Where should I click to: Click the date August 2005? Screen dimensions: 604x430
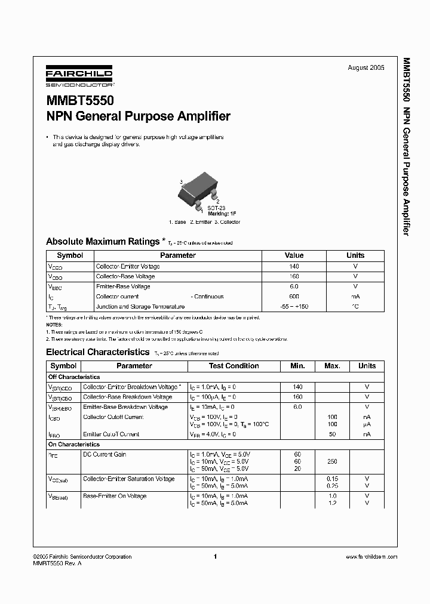coord(366,68)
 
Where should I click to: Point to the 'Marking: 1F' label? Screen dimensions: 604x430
coord(222,213)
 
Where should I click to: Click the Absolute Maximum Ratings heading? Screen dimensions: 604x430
coord(103,242)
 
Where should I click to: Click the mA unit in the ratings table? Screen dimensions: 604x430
coord(355,296)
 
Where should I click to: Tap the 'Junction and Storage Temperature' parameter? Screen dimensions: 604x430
coord(137,306)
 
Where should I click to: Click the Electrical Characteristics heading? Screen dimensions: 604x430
coord(97,352)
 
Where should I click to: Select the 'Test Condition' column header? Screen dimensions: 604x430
coord(234,366)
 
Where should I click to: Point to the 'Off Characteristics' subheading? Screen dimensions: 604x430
coord(74,377)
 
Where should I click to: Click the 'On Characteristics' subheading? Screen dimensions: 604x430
coord(73,445)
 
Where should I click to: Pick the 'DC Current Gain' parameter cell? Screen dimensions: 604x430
coord(105,455)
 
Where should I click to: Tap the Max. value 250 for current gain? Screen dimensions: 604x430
coord(332,461)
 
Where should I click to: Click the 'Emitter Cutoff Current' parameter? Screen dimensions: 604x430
coord(111,434)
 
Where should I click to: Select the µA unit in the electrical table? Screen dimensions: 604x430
coord(367,424)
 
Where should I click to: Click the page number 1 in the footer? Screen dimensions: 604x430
coord(215,557)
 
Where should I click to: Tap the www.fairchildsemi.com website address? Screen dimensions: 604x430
coord(371,557)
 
